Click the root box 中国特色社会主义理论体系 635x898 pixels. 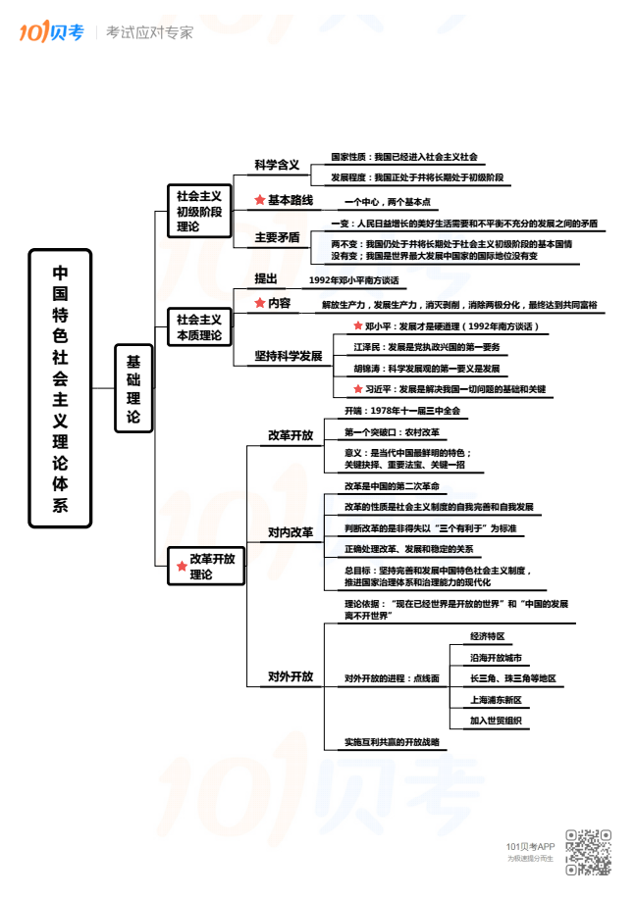60,388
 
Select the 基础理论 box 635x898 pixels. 133,388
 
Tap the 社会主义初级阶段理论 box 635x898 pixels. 199,211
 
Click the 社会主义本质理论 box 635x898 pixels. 199,327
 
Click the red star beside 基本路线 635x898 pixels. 259,200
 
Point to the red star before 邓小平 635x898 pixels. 358,325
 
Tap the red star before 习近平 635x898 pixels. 358,389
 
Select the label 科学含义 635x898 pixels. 277,165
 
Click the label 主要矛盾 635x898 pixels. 277,236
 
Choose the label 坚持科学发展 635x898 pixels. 289,356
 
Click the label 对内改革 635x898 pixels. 291,532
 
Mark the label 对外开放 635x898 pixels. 291,676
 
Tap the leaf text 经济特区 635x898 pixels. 487,636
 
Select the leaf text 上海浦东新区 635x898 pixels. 496,700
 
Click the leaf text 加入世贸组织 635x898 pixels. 496,722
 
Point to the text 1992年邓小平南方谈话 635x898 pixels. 353,280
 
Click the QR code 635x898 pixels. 588,852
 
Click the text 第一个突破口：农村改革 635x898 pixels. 392,431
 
